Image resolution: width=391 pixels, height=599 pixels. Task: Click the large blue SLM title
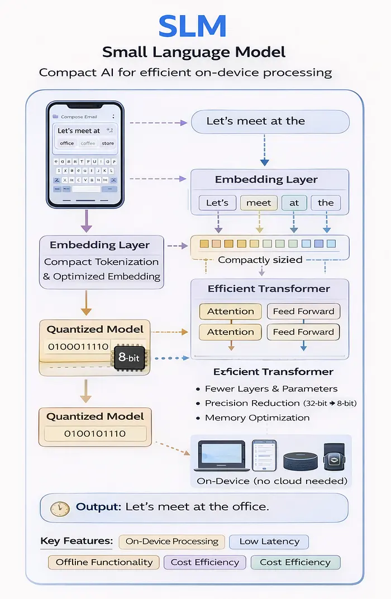pyautogui.click(x=192, y=27)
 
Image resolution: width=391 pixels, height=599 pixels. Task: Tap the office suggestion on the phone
pyautogui.click(x=67, y=143)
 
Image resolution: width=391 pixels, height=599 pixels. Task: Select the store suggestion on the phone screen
pyautogui.click(x=108, y=143)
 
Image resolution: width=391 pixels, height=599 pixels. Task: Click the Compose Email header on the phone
pyautogui.click(x=78, y=117)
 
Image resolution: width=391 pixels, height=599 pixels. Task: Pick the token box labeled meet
pyautogui.click(x=259, y=203)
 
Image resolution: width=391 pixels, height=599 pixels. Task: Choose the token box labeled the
pyautogui.click(x=326, y=203)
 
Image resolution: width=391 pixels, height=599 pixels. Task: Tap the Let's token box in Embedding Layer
pyautogui.click(x=217, y=203)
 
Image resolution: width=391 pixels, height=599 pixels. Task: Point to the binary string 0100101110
pyautogui.click(x=95, y=434)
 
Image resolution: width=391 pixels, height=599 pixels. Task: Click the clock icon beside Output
pyautogui.click(x=60, y=508)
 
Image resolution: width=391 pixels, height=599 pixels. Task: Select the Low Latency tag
pyautogui.click(x=269, y=542)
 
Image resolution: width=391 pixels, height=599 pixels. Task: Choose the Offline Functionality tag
pyautogui.click(x=104, y=562)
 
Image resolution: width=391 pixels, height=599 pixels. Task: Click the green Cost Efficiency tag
pyautogui.click(x=295, y=562)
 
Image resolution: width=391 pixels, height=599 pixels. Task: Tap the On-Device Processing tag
pyautogui.click(x=171, y=542)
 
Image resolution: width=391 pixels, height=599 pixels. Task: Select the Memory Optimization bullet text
pyautogui.click(x=257, y=418)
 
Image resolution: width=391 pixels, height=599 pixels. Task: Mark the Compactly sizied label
pyautogui.click(x=260, y=260)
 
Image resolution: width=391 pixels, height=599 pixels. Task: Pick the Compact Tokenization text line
pyautogui.click(x=101, y=262)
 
